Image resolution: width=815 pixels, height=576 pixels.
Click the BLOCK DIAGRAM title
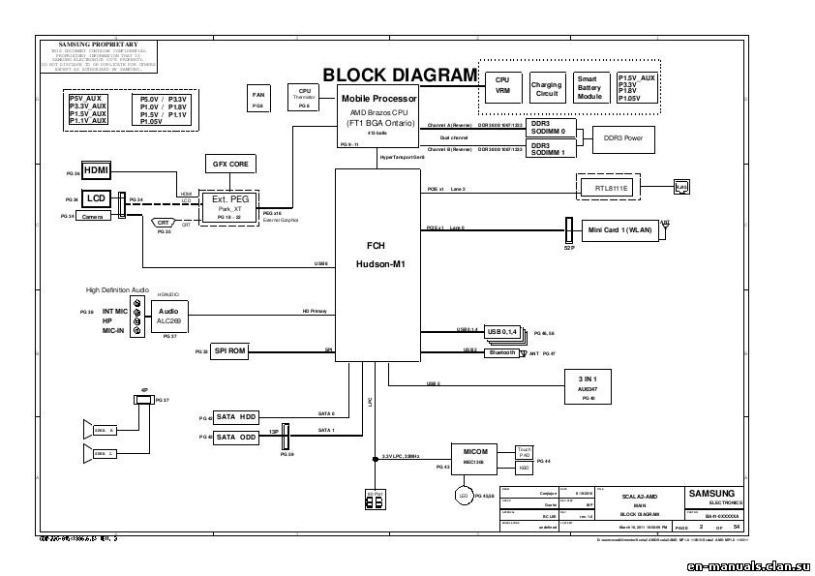pos(400,76)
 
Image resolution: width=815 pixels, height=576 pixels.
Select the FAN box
pos(257,99)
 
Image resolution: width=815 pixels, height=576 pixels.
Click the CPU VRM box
pos(502,87)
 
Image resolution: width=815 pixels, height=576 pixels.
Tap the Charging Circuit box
pos(546,90)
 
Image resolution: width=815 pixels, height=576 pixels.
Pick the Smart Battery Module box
pos(590,88)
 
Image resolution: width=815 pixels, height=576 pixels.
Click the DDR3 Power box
pos(622,138)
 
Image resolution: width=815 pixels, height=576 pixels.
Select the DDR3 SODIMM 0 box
pos(554,128)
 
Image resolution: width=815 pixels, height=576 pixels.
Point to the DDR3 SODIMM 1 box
pos(554,148)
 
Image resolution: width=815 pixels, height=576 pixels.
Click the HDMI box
pos(97,170)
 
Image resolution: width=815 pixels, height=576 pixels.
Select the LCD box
pos(96,198)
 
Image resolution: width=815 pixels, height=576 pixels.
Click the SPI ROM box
pos(229,351)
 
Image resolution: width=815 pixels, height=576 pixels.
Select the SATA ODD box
pos(236,438)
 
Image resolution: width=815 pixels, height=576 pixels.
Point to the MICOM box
pos(475,458)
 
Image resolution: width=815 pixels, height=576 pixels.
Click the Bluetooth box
pos(502,353)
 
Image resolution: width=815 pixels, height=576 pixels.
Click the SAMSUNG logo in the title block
pos(711,493)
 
